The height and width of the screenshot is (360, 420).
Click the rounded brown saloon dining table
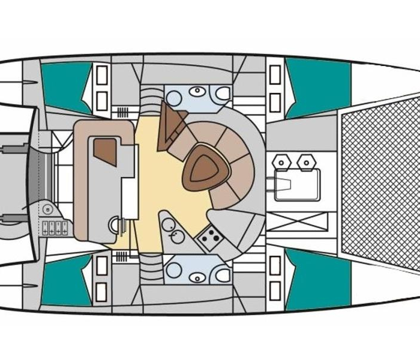click(x=206, y=169)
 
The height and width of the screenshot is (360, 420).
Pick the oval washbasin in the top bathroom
click(x=197, y=91)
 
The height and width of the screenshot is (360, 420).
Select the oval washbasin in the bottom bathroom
click(x=197, y=277)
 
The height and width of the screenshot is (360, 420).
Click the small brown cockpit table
click(x=105, y=151)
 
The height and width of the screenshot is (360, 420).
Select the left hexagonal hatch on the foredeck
click(x=281, y=161)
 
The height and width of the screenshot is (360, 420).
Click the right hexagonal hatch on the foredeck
click(x=307, y=161)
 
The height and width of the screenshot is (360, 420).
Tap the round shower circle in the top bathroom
click(x=174, y=97)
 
